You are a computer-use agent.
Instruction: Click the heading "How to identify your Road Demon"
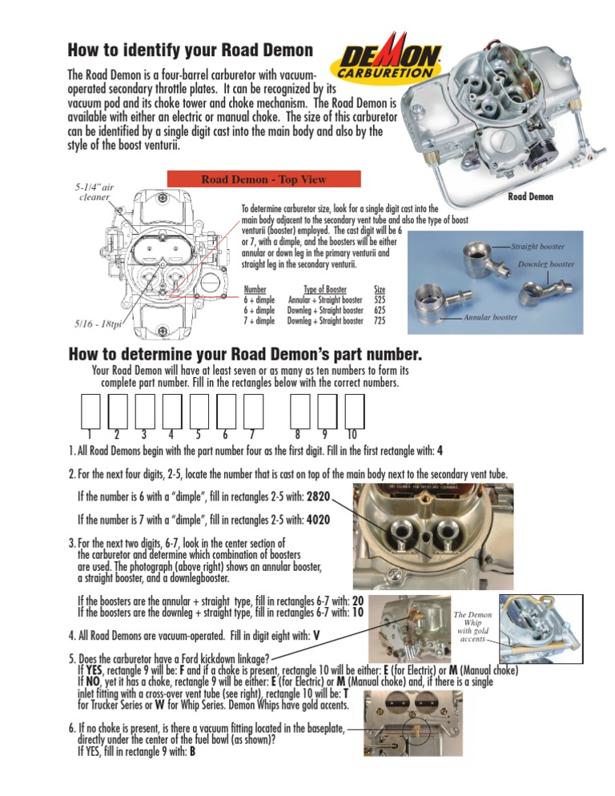pos(190,50)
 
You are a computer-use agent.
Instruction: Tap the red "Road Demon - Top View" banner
pos(263,179)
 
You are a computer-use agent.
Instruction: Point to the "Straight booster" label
pos(537,247)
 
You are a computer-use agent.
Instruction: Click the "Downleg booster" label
pos(545,263)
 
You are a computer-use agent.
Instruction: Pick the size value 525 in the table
pos(380,300)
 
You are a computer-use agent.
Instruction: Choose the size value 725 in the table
pos(380,320)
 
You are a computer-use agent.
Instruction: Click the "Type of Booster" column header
pos(324,289)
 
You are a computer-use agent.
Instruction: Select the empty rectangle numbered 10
pos(353,412)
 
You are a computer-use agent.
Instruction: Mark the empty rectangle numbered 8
pos(299,412)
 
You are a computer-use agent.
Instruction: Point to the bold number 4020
pos(313,520)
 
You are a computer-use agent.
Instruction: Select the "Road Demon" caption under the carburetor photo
pos(531,196)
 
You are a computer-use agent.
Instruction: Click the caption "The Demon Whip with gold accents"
pos(473,627)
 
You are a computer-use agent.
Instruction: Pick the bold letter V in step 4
pos(317,635)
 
